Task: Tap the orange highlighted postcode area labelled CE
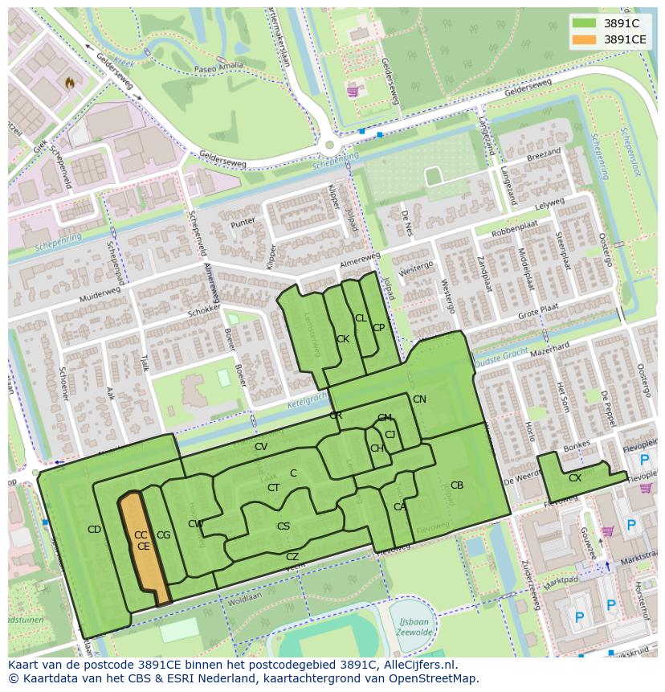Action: click(x=144, y=547)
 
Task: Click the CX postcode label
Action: click(x=574, y=478)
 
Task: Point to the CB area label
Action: click(x=456, y=485)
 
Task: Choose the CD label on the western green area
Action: click(x=94, y=529)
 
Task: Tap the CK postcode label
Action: click(x=343, y=339)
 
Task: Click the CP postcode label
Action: click(x=378, y=328)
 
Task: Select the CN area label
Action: click(x=419, y=399)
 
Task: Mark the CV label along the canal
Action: click(x=260, y=447)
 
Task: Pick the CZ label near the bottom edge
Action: click(x=292, y=557)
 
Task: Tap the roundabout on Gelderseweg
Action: click(x=328, y=145)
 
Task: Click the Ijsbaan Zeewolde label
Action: click(x=415, y=626)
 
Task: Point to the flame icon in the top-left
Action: click(x=70, y=82)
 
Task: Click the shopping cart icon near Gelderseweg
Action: click(x=352, y=92)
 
